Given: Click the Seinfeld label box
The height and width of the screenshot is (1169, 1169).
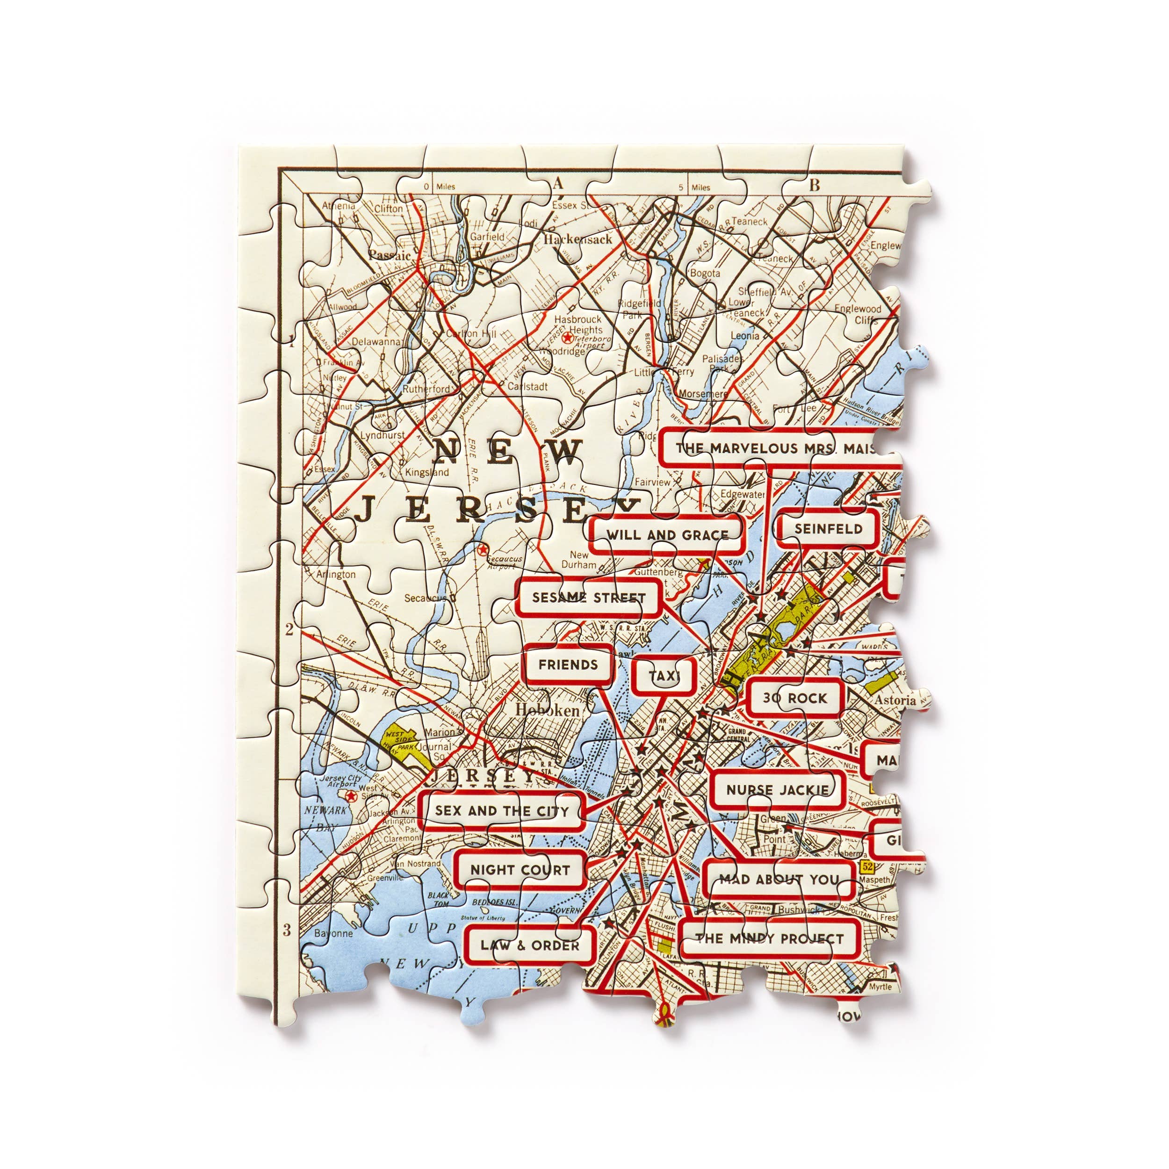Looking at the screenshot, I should click(828, 529).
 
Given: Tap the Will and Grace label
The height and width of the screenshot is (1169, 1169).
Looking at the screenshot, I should click(667, 535).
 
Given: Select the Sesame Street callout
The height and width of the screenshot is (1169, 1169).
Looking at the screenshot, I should click(589, 598).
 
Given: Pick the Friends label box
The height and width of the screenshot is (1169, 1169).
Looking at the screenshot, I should click(568, 665).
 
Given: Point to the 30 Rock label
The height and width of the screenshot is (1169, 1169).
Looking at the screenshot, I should click(794, 698).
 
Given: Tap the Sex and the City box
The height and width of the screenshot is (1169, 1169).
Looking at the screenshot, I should click(502, 811).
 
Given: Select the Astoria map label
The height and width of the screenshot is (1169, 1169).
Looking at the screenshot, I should click(895, 700).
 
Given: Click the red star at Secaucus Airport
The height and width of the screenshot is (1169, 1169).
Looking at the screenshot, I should click(482, 549).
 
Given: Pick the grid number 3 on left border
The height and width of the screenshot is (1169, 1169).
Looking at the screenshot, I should click(287, 931).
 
